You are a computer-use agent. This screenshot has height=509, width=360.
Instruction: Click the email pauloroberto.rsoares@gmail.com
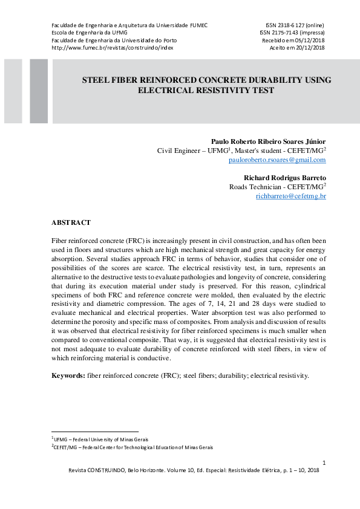point(277,160)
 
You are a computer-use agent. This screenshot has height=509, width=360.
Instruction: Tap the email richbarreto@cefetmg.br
point(290,196)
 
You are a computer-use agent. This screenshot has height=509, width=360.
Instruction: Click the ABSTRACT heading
point(71,223)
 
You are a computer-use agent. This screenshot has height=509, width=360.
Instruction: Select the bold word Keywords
point(68,375)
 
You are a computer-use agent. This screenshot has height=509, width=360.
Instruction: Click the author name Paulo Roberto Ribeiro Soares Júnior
point(268,141)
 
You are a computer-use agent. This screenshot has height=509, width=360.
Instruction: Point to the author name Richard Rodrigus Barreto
point(284,178)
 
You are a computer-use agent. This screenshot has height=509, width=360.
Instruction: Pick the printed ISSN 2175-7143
point(292,33)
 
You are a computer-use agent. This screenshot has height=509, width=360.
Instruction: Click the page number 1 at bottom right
point(324,464)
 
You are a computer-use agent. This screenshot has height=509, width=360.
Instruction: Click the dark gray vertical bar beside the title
point(39,91)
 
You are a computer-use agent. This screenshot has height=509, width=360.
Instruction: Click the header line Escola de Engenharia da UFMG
point(89,33)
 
